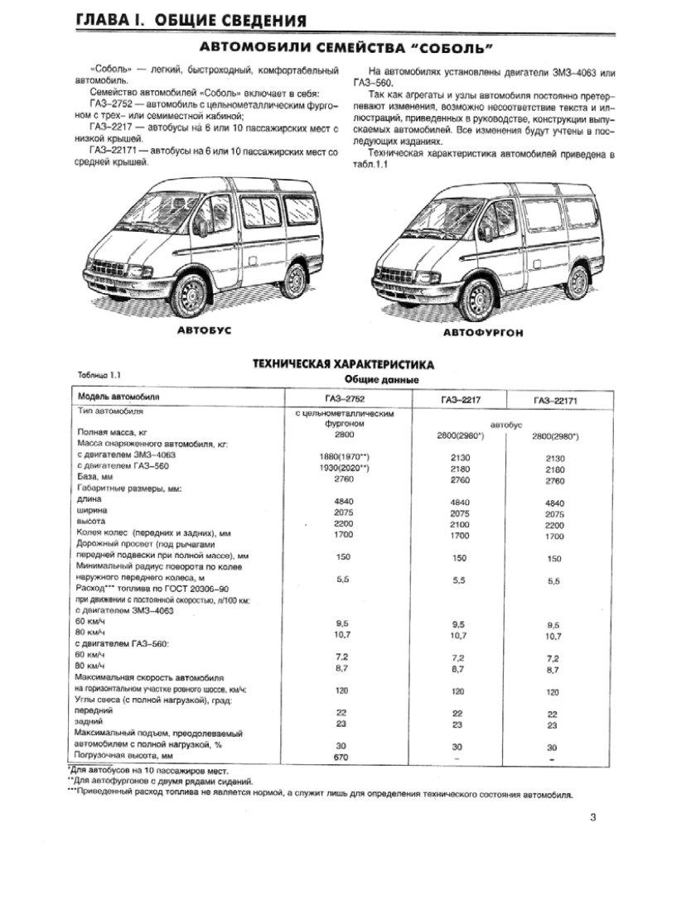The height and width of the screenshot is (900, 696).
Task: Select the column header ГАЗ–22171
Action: pyautogui.click(x=554, y=401)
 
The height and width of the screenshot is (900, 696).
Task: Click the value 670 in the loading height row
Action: pyautogui.click(x=342, y=758)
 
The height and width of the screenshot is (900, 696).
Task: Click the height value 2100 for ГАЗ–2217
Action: pyautogui.click(x=459, y=525)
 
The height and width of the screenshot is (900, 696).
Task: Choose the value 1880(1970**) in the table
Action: pyautogui.click(x=343, y=456)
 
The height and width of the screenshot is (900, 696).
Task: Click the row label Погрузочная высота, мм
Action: pyautogui.click(x=124, y=758)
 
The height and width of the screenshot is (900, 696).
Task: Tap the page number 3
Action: pyautogui.click(x=593, y=819)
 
